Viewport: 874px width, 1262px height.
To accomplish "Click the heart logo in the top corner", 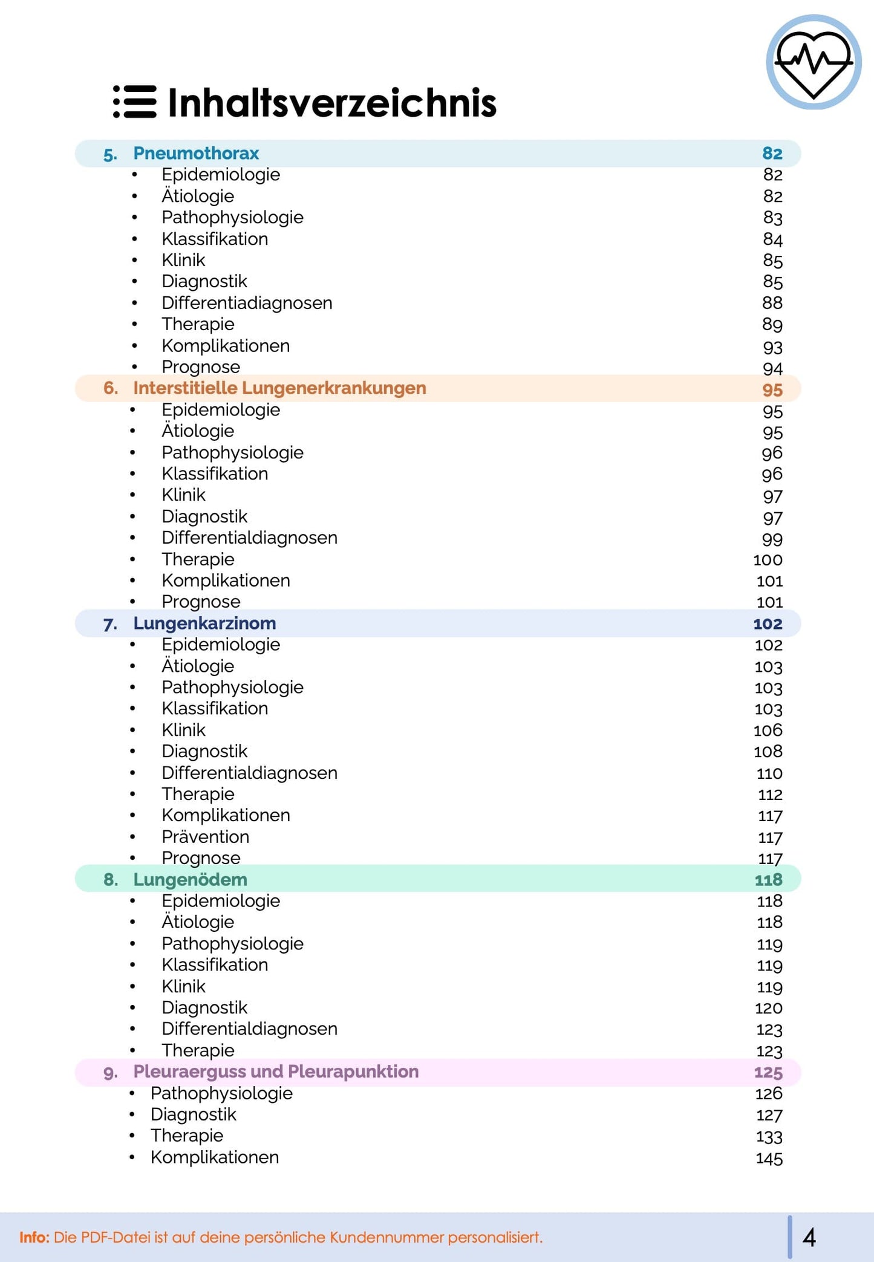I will pyautogui.click(x=814, y=62).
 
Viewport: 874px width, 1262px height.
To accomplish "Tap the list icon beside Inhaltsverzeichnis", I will pyautogui.click(x=135, y=102).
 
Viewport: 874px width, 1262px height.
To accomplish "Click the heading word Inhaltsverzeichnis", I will pyautogui.click(x=331, y=102).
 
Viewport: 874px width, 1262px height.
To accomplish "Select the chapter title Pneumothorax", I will pyautogui.click(x=196, y=153).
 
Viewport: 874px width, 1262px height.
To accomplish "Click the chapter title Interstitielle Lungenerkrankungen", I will pyautogui.click(x=279, y=388).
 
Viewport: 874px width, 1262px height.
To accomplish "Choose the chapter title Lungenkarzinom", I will pyautogui.click(x=204, y=623).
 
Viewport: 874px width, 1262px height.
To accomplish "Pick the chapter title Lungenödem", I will pyautogui.click(x=190, y=879).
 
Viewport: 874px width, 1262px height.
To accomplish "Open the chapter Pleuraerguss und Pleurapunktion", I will pyautogui.click(x=276, y=1072).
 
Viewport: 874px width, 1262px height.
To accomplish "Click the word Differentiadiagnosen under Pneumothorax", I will pyautogui.click(x=247, y=302).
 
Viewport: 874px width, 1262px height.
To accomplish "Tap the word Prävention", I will pyautogui.click(x=205, y=836).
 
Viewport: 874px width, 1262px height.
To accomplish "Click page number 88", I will pyautogui.click(x=772, y=302).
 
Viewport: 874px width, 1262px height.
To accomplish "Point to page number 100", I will pyautogui.click(x=768, y=559).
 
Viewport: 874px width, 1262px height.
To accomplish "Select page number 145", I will pyautogui.click(x=769, y=1158).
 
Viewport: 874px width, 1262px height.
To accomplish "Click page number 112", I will pyautogui.click(x=770, y=794).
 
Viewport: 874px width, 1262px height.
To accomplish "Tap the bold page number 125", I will pyautogui.click(x=768, y=1072).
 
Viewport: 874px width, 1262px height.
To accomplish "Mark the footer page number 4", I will pyautogui.click(x=809, y=1237).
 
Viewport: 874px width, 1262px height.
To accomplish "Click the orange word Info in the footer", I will pyautogui.click(x=34, y=1237).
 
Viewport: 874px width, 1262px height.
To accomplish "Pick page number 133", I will pyautogui.click(x=769, y=1136).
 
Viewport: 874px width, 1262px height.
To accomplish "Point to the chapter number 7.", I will pyautogui.click(x=110, y=623).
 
